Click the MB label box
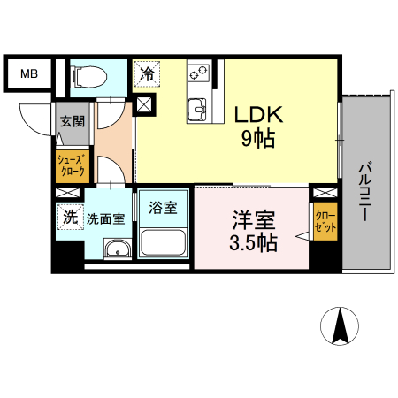(x=29, y=73)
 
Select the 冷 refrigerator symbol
(x=147, y=73)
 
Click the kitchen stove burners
(x=197, y=70)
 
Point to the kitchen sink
(x=196, y=110)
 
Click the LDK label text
(x=257, y=115)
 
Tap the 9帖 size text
(x=257, y=138)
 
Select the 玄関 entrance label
(x=72, y=122)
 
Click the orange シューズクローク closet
(x=71, y=166)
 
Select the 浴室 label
(x=162, y=209)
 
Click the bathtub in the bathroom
(x=162, y=242)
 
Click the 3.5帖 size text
(x=253, y=241)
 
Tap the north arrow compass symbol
(x=340, y=327)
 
